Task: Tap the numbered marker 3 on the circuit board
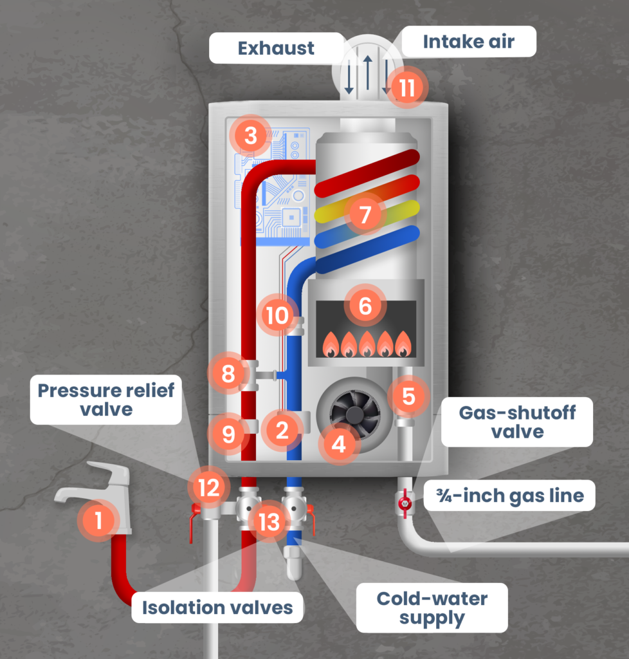pos(251,136)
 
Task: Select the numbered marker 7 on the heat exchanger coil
pos(365,214)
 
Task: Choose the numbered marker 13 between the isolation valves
pos(269,522)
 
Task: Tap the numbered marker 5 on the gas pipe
pos(409,396)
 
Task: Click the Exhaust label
pos(275,48)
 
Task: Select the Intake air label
pos(468,42)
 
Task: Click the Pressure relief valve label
pos(106,400)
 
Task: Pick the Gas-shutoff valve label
pos(516,422)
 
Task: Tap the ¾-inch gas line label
pos(509,496)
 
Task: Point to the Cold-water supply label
pos(432,608)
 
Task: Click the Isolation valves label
pos(217,607)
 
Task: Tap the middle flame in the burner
pos(367,344)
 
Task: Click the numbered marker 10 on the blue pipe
pos(278,315)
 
